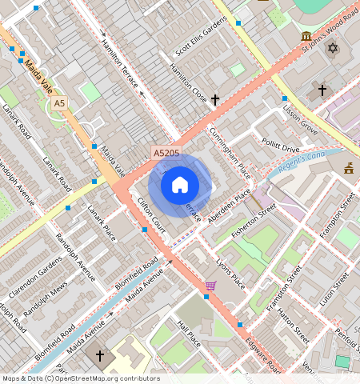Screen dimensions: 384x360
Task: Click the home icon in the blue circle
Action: [x=180, y=186]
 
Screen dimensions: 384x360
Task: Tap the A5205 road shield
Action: [x=166, y=151]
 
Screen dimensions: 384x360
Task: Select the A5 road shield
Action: [x=59, y=104]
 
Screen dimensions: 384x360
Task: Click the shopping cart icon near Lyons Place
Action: [x=210, y=286]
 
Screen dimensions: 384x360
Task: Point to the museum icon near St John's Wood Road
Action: [x=306, y=37]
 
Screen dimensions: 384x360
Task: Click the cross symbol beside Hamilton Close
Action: [x=215, y=100]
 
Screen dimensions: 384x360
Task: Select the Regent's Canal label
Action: [x=304, y=165]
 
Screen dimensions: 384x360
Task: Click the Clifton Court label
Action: [x=151, y=216]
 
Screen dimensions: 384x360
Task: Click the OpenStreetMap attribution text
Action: [x=81, y=378]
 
